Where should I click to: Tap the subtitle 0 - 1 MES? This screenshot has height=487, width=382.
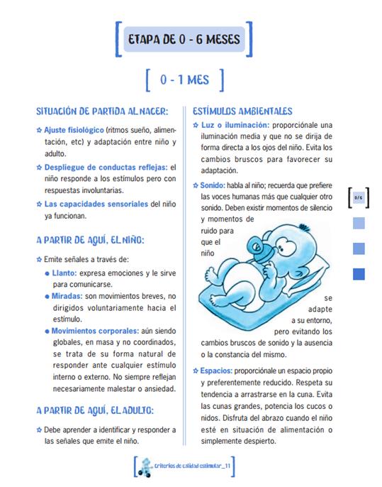[x=184, y=80]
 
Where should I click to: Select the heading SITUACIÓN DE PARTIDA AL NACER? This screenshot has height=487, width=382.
[x=102, y=111]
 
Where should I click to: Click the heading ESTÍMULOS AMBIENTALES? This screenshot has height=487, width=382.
[x=242, y=111]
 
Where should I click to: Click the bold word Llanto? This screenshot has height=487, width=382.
[x=64, y=273]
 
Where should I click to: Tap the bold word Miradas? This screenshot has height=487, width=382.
[x=67, y=295]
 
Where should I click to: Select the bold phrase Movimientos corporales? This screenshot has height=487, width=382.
[x=94, y=330]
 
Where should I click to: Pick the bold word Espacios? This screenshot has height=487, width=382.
[x=215, y=370]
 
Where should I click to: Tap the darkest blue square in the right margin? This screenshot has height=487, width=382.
[x=359, y=273]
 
